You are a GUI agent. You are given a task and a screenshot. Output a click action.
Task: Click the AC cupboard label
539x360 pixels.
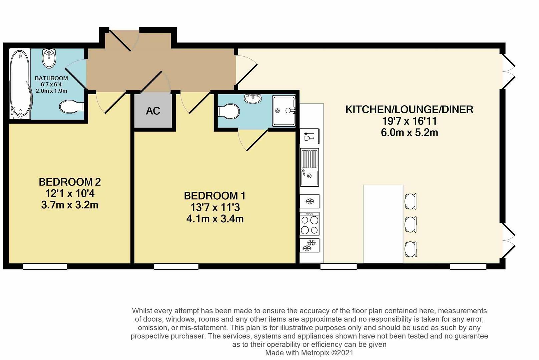point(153,111)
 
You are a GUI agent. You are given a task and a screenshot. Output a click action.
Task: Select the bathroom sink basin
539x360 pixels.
point(49,57)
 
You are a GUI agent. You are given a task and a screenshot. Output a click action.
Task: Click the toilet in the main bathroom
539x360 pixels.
point(71,107)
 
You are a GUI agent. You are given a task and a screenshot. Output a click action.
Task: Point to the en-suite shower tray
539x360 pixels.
point(284,111)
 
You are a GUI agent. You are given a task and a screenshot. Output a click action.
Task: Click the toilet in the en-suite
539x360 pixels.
point(228,111)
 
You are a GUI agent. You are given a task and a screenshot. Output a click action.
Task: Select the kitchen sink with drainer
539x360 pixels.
point(310,167)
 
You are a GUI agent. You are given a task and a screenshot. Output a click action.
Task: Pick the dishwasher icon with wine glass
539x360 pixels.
point(310,137)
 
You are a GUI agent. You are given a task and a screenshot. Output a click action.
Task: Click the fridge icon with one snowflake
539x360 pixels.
point(310,202)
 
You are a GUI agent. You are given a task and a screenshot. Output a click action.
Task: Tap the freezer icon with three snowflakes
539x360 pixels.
point(310,246)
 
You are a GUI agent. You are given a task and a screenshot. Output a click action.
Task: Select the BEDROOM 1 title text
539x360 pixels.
point(215,196)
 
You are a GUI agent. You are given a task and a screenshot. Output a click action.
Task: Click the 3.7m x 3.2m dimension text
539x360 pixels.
point(70,205)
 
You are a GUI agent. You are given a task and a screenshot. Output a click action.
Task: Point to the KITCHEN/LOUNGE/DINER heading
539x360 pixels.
point(409,109)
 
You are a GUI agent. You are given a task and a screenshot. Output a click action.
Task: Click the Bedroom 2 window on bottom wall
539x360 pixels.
point(45,266)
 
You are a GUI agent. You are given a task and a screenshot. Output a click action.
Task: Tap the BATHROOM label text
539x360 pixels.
point(51,78)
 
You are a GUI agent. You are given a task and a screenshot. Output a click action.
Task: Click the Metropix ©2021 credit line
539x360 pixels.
point(309,353)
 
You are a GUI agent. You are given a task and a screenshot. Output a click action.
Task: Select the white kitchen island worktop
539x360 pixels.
point(383,224)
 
